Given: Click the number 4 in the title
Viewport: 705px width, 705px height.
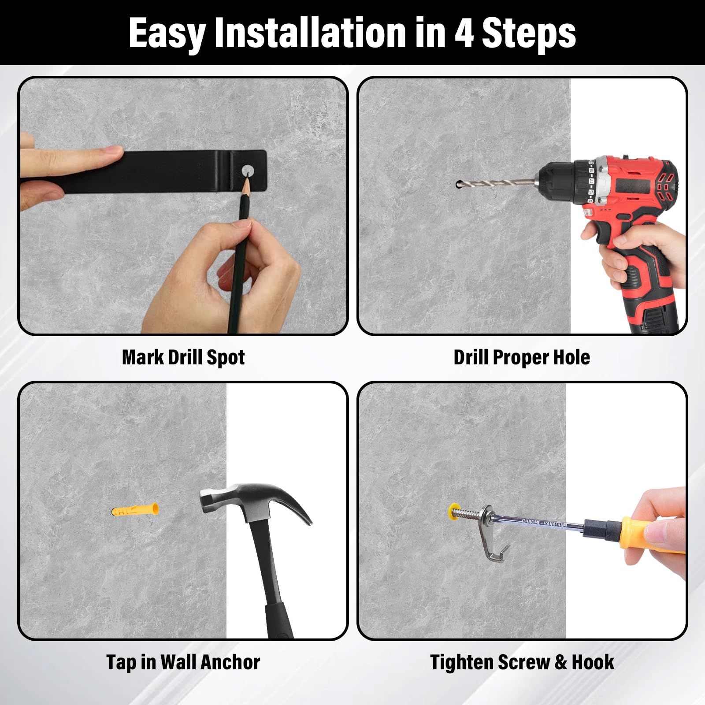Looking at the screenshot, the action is point(464,33).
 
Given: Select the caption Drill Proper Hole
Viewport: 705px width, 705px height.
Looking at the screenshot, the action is point(522,357).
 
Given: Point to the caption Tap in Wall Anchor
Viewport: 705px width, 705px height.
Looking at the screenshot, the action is point(183,662).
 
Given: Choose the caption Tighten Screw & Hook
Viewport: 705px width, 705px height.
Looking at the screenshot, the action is point(522,662).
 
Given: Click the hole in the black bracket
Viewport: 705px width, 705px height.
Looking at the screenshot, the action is point(248,170).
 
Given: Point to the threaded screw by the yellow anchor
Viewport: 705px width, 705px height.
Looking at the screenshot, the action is point(468,512).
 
